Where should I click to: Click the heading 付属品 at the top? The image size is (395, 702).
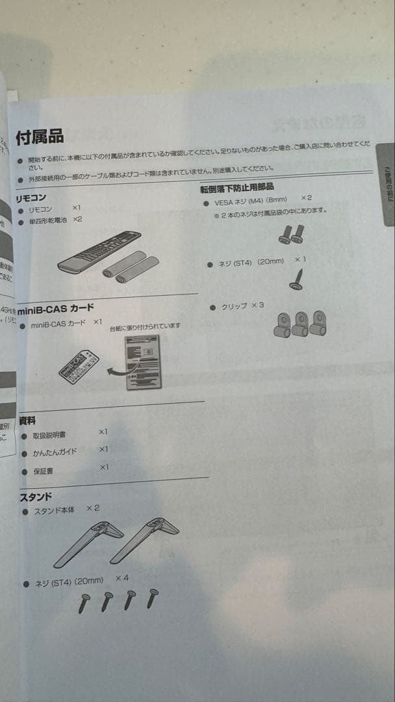(x=40, y=136)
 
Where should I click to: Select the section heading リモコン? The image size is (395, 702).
(x=31, y=197)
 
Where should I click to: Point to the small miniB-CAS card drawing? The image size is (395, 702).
(x=79, y=365)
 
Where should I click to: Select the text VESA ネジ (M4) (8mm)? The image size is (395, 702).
(x=250, y=201)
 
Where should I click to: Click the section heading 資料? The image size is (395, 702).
(x=27, y=421)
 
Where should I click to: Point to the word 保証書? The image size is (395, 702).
(x=44, y=471)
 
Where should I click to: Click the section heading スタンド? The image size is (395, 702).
(x=35, y=497)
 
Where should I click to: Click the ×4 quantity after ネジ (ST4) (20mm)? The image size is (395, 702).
(x=122, y=578)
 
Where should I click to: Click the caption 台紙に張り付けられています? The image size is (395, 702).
(x=145, y=326)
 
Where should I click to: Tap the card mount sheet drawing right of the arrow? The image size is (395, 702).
(x=143, y=362)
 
